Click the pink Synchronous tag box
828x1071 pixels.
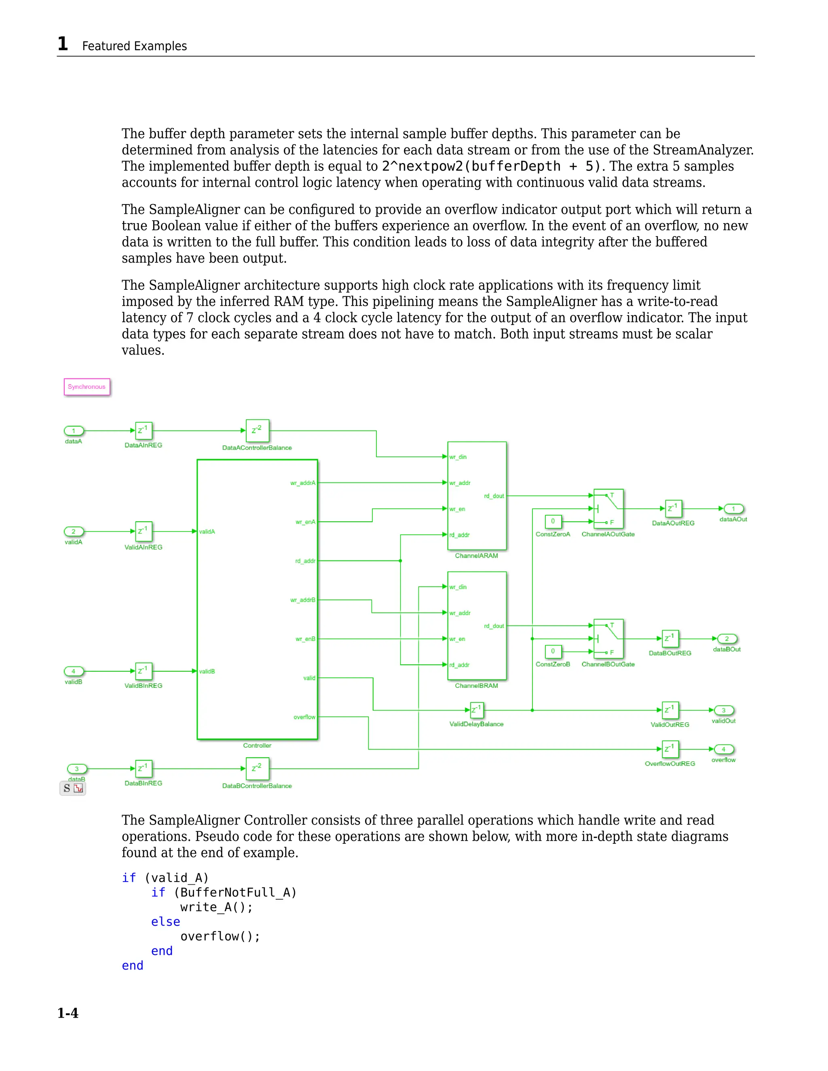tap(87, 387)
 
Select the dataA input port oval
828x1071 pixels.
tap(74, 431)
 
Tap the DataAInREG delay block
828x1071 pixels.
tap(144, 430)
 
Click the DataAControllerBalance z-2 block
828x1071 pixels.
tap(257, 430)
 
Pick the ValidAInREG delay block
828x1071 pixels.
tap(144, 531)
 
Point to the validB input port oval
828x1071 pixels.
tap(74, 671)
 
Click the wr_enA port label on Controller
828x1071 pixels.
tap(305, 522)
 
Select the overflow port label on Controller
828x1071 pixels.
tap(304, 717)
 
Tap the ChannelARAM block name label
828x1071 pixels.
tap(476, 556)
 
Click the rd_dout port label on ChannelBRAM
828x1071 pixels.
tap(494, 626)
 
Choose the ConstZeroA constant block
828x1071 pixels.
tap(553, 521)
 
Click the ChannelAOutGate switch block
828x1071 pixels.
tap(608, 508)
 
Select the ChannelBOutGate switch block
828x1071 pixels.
tap(608, 639)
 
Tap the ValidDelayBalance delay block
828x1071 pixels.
tap(477, 710)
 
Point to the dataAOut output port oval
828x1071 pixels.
tap(733, 509)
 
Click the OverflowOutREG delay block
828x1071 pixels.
tap(670, 749)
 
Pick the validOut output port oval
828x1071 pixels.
tap(724, 710)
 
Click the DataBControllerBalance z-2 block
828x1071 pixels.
tap(257, 768)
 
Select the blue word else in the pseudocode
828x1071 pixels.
tap(165, 922)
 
